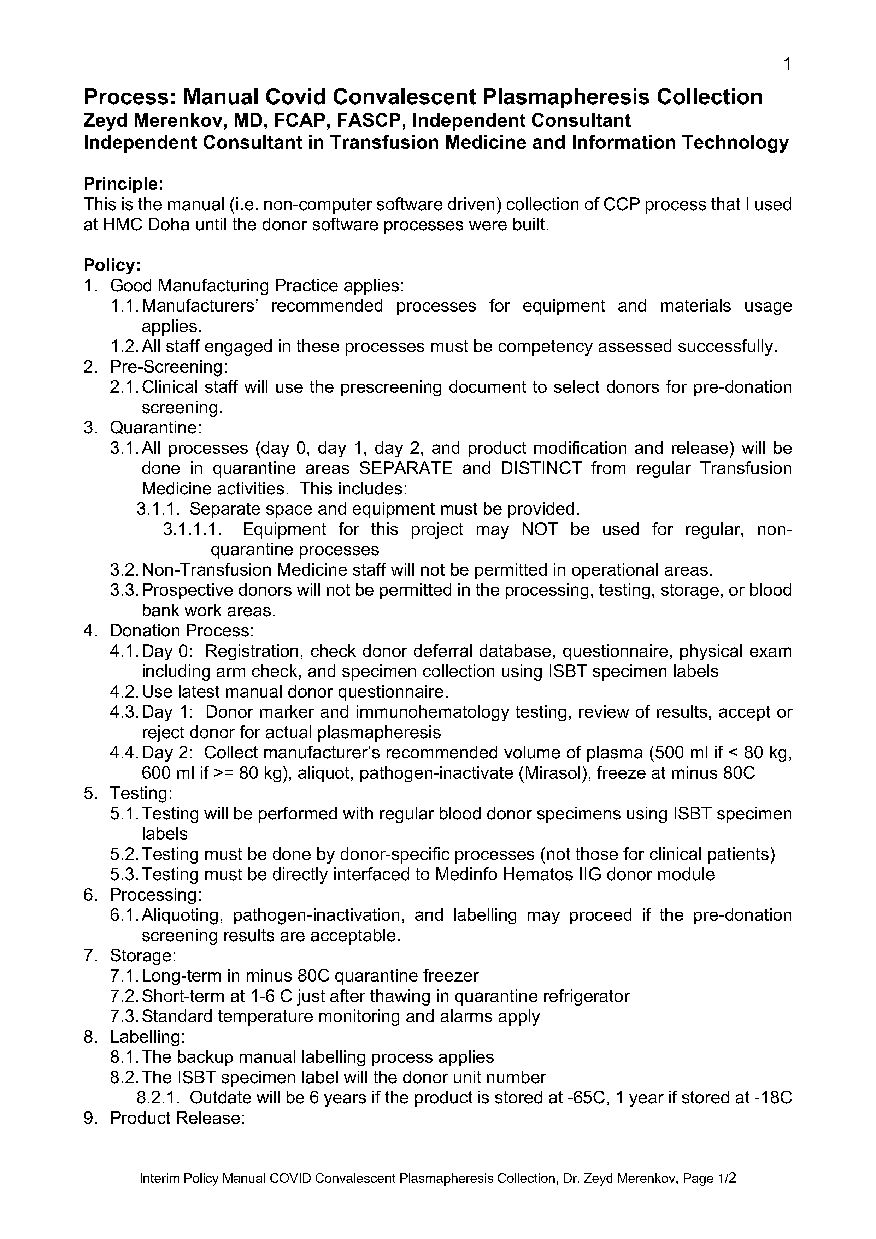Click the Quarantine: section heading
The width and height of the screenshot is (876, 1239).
coord(156,428)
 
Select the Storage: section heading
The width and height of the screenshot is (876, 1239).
coord(143,956)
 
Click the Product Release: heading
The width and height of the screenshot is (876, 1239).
coord(178,1118)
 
